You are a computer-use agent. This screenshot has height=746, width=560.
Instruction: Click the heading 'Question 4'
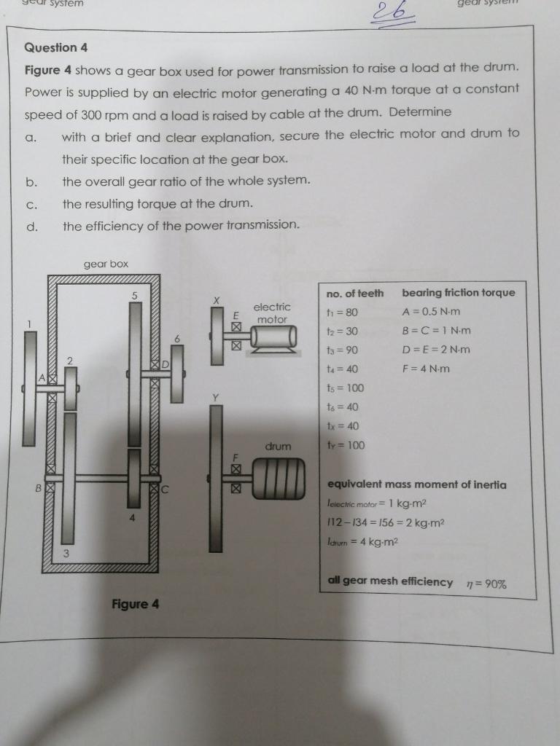[x=56, y=48]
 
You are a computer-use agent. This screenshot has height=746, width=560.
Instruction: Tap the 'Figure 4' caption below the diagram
[x=135, y=604]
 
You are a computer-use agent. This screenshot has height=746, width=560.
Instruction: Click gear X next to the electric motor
[x=217, y=336]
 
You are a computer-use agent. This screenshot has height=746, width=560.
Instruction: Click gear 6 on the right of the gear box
[x=177, y=373]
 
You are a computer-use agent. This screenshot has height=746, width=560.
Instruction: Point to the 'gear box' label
[x=106, y=264]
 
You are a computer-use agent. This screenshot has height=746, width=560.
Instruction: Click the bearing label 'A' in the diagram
[x=42, y=377]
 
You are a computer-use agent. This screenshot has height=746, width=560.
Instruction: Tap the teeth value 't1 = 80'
[x=342, y=312]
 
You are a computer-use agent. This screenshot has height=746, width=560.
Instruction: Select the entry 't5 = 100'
[x=345, y=388]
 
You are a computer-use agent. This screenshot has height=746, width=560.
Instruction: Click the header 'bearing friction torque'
[x=458, y=293]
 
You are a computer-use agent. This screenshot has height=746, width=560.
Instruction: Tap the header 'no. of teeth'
[x=354, y=293]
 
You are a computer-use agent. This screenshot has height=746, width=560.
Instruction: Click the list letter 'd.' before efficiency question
[x=31, y=226]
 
